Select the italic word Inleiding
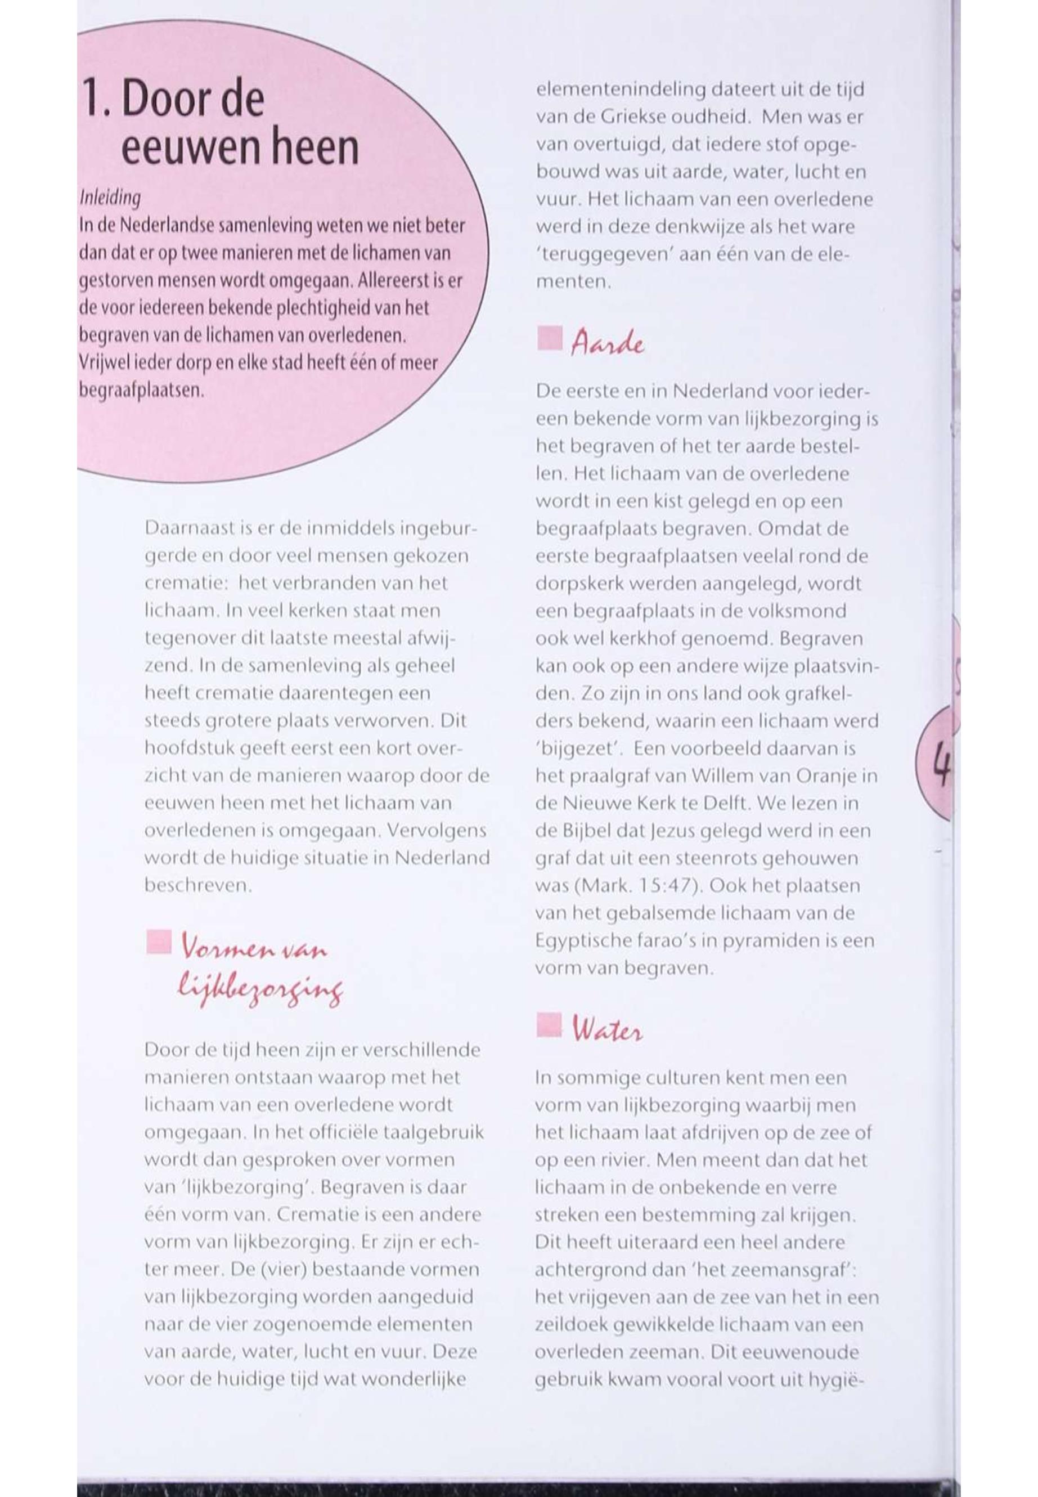point(109,197)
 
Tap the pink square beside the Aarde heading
point(550,339)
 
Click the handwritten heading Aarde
point(608,343)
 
